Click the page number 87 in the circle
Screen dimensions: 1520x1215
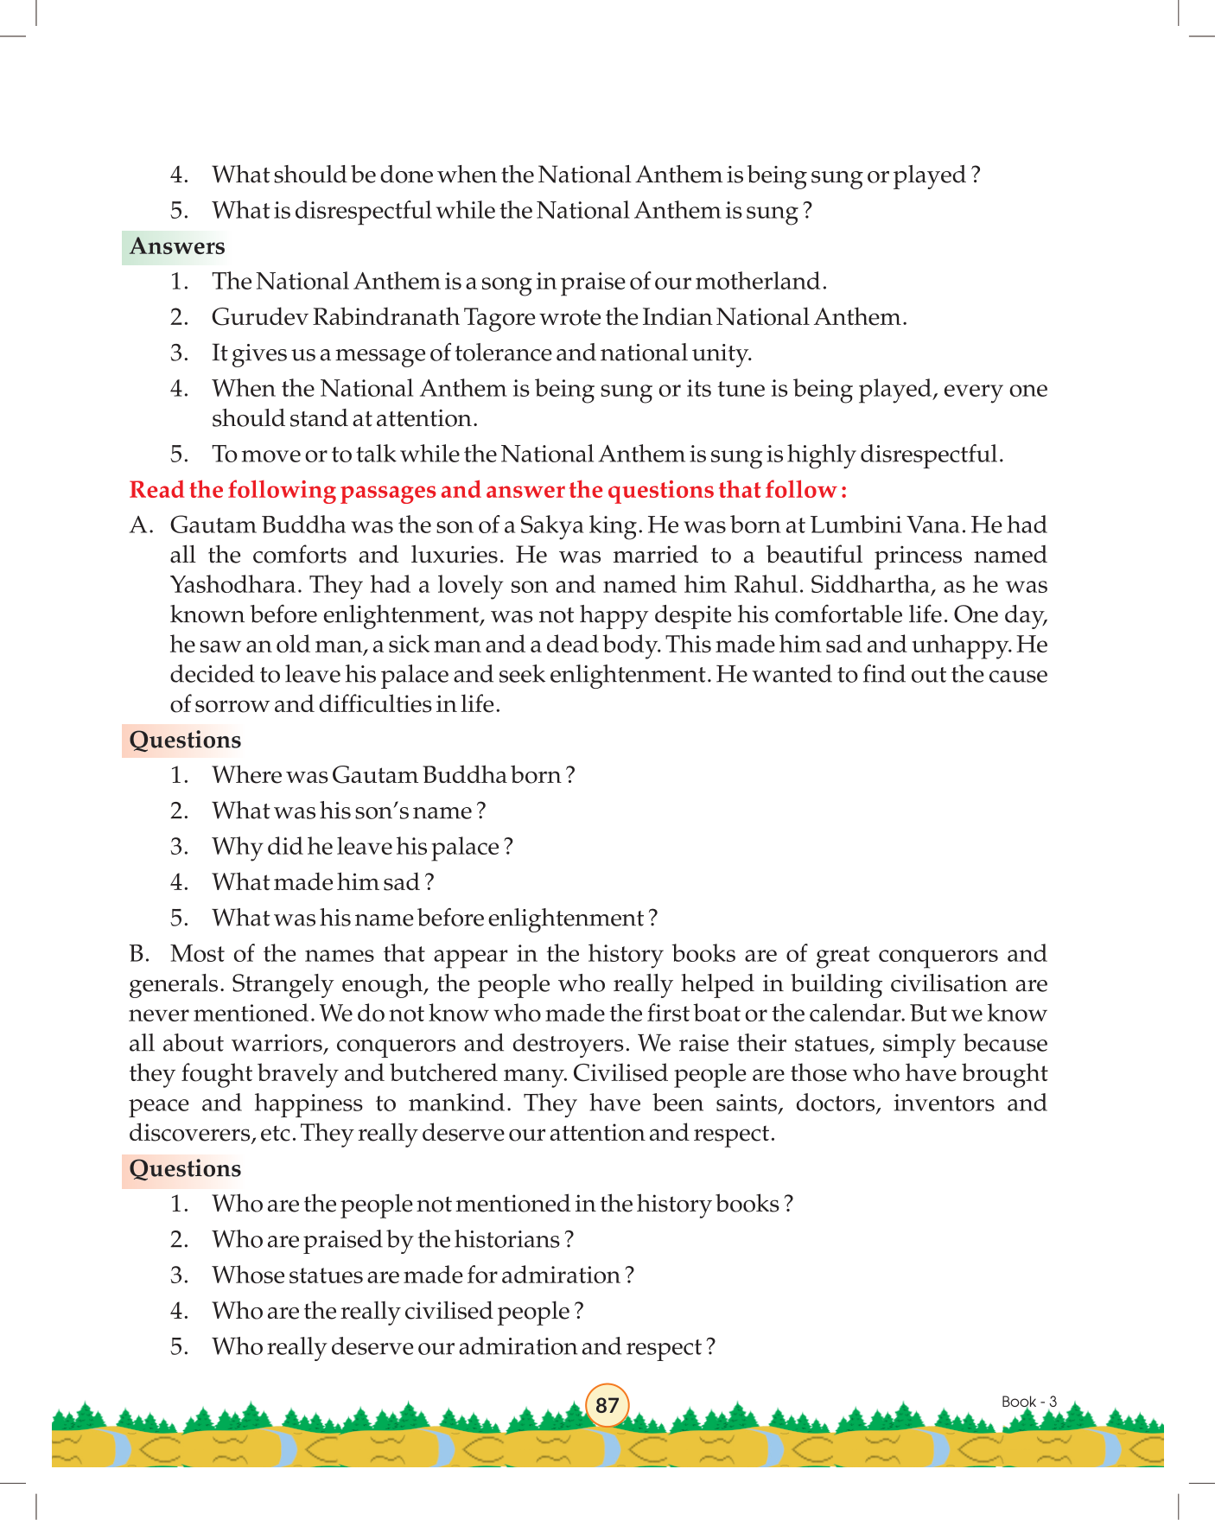[607, 1404]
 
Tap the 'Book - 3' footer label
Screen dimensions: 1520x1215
[1028, 1402]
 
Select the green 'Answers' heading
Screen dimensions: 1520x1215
[177, 246]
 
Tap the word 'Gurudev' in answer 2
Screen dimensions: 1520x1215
[257, 317]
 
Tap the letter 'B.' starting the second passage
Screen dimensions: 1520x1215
[139, 954]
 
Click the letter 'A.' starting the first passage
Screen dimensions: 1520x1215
[141, 525]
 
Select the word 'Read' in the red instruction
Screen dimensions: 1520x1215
[156, 490]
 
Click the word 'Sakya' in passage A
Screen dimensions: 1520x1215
[550, 525]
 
